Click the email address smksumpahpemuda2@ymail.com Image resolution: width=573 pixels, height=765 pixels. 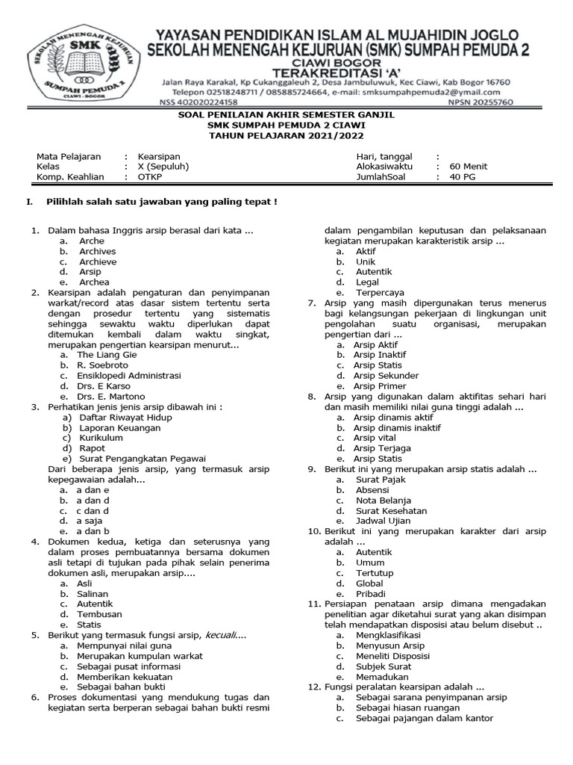[x=439, y=92]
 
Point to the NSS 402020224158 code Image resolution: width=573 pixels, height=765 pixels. [x=198, y=102]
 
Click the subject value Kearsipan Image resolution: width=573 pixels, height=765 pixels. [x=160, y=156]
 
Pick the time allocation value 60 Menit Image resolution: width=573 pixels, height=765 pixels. [x=468, y=167]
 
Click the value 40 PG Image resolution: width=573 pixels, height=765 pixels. [x=463, y=177]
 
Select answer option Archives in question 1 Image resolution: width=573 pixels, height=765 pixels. [x=98, y=252]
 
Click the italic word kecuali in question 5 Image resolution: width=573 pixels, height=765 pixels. [x=224, y=635]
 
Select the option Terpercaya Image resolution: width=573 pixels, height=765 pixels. [x=380, y=293]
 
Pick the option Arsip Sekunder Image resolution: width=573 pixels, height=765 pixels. [x=386, y=376]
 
